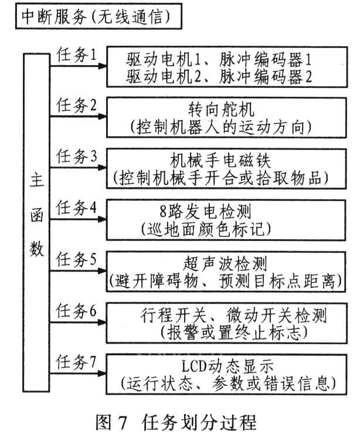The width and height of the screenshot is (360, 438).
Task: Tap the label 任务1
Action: (x=76, y=54)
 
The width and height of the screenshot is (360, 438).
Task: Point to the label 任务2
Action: (x=76, y=106)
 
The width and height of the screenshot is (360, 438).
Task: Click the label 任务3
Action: (x=76, y=157)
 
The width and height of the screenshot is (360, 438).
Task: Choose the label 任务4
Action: (x=76, y=208)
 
